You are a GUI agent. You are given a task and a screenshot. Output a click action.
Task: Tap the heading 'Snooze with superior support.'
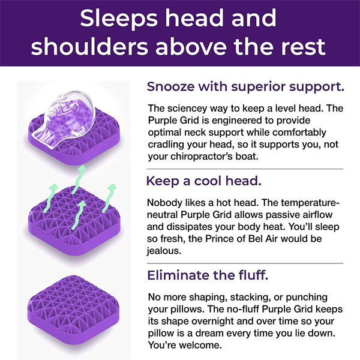click(x=245, y=86)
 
